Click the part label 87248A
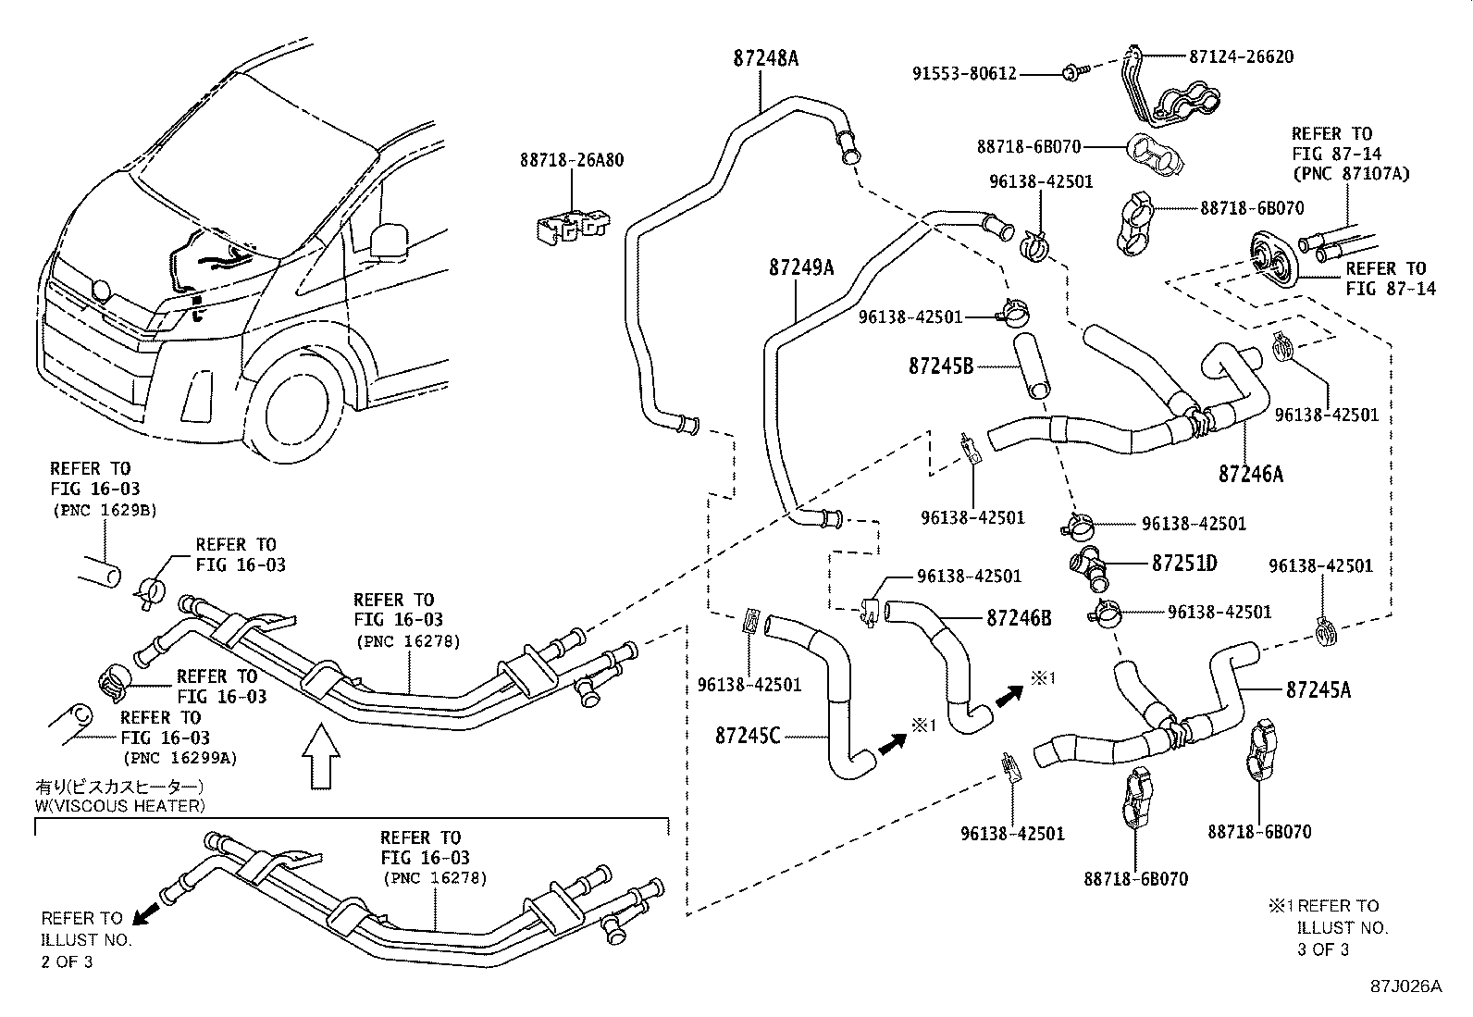[765, 57]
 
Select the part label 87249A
[801, 268]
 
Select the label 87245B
[940, 366]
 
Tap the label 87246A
[1251, 474]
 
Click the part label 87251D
[1184, 563]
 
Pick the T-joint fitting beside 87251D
[1090, 567]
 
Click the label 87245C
[748, 736]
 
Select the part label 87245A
[1318, 689]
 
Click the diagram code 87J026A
[1406, 986]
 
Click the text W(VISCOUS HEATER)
[118, 806]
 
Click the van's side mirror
[389, 239]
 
